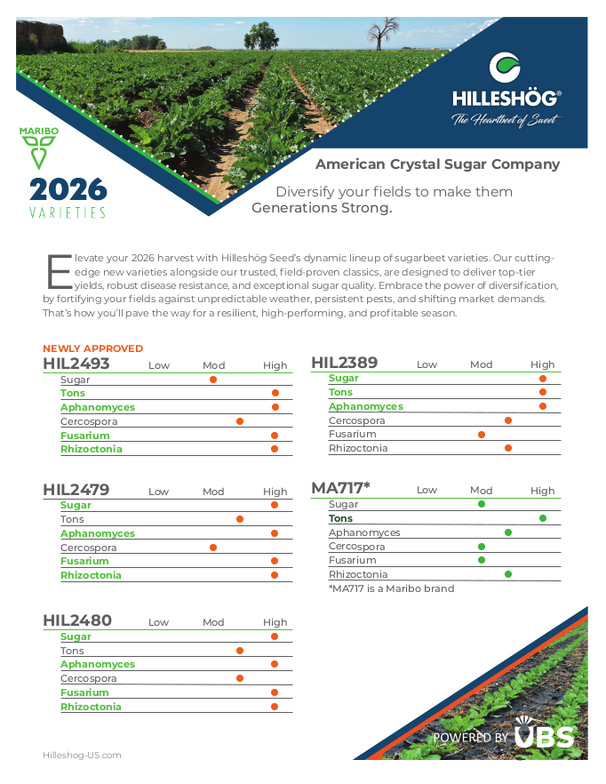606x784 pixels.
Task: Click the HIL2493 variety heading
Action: coord(76,364)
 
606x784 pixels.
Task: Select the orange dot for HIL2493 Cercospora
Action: coord(240,421)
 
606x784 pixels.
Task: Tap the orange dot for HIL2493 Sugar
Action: coord(213,380)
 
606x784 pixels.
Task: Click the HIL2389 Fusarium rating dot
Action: coord(482,435)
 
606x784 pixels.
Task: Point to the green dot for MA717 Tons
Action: coord(543,518)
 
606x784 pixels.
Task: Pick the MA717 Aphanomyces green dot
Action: coord(508,532)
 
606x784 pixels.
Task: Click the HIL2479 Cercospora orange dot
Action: coord(213,548)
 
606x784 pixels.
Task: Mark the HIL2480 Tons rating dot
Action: coord(240,651)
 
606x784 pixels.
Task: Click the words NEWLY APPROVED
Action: coord(92,348)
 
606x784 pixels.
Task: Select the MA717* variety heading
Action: coord(340,488)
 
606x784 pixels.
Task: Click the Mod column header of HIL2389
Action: coord(481,364)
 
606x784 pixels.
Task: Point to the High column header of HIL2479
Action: coord(275,492)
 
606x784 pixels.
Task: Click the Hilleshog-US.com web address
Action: coord(82,755)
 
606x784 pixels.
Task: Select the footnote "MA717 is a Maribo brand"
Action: coord(391,588)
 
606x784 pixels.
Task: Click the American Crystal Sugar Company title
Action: coord(437,164)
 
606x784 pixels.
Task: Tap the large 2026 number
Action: coord(68,189)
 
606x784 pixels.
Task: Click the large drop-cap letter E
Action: coord(58,270)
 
